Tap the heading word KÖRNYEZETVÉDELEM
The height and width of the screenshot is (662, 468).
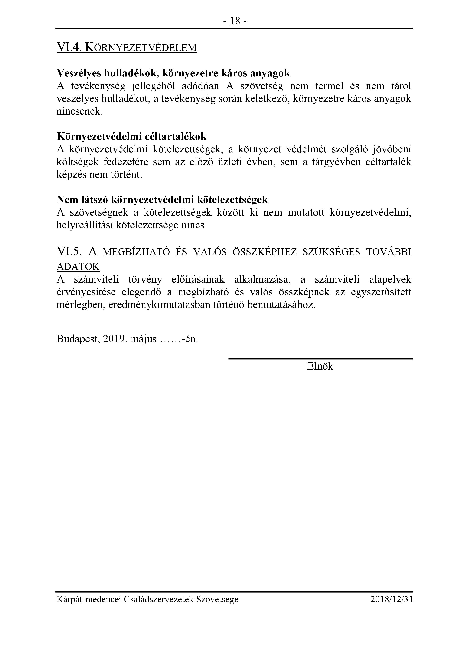click(141, 48)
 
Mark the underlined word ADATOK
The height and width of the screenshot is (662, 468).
click(78, 267)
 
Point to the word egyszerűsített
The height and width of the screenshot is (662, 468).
click(381, 292)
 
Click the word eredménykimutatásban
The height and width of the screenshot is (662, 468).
click(159, 305)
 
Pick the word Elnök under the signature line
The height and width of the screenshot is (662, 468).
click(320, 366)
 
